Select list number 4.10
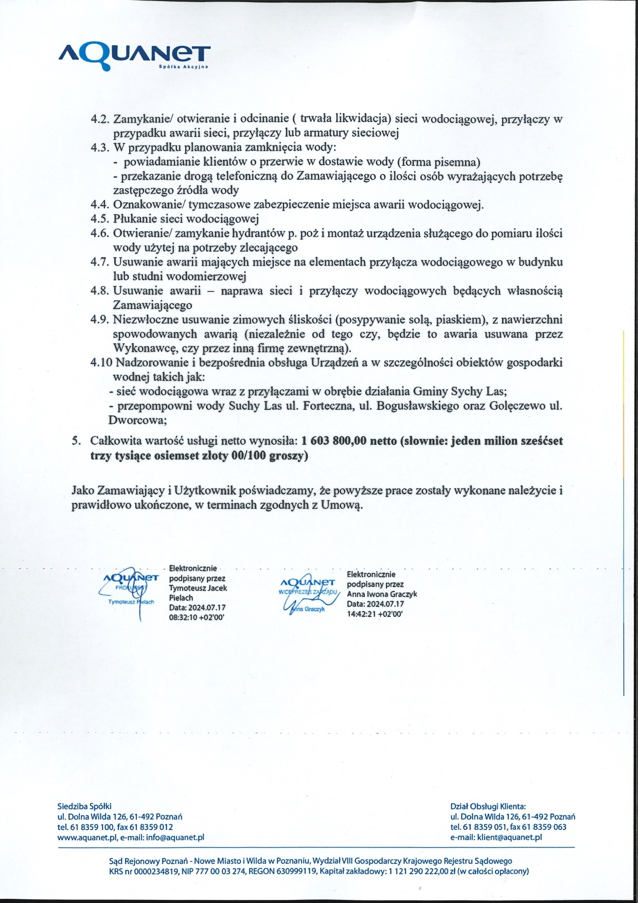click(x=101, y=362)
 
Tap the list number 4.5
click(x=100, y=219)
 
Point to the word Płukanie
click(x=132, y=219)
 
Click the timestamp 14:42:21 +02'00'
click(x=375, y=614)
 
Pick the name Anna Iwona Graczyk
click(x=382, y=594)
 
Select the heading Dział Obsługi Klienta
click(x=488, y=807)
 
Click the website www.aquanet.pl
click(x=87, y=837)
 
